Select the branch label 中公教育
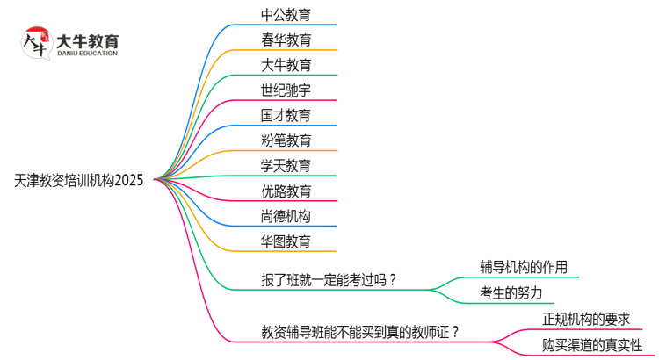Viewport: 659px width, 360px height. tap(286, 15)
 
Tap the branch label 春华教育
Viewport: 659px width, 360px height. tap(286, 40)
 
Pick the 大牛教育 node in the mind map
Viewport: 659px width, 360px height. tap(286, 65)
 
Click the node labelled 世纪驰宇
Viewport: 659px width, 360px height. tap(286, 90)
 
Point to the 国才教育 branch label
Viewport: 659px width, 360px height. tap(286, 115)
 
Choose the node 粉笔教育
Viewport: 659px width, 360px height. tap(286, 140)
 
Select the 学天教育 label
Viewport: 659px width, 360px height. tap(286, 165)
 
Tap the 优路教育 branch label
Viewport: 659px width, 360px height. tap(286, 191)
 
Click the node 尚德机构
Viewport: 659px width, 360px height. tap(286, 215)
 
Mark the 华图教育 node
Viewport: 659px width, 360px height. tap(286, 241)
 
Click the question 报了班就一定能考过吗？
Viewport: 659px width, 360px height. tap(329, 280)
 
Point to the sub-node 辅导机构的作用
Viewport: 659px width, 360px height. tap(523, 267)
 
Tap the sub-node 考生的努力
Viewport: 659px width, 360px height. tap(511, 292)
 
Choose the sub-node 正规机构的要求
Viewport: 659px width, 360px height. tap(586, 319)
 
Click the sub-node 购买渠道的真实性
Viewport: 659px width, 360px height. tap(592, 344)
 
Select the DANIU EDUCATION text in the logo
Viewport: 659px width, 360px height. tap(87, 54)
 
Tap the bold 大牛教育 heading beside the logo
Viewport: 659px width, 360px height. tap(87, 40)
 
